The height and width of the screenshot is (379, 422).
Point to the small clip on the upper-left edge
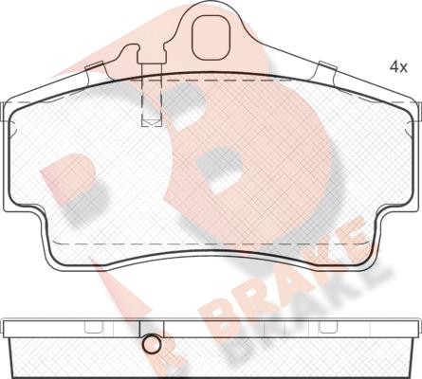click(x=94, y=67)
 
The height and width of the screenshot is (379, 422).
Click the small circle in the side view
click(x=150, y=346)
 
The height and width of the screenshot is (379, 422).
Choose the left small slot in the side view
click(x=94, y=327)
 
